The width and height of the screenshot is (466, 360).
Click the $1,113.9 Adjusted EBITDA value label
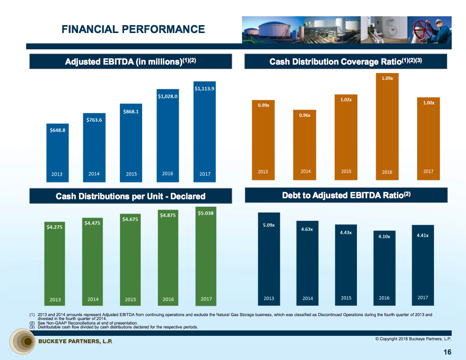point(204,89)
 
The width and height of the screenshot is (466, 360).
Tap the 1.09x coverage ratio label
point(387,78)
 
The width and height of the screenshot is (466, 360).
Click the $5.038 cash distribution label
point(205,213)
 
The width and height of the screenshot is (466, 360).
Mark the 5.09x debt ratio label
point(269,225)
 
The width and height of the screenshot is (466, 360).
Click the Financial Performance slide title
point(133,29)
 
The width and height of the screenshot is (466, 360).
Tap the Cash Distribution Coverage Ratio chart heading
point(346,62)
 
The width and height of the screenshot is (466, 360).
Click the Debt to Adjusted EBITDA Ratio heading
point(346,196)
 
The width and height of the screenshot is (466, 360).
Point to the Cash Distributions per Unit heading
point(130,196)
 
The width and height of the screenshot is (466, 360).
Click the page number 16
point(447,352)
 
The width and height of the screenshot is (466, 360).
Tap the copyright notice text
point(413,338)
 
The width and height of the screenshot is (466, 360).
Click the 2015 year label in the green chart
point(130,299)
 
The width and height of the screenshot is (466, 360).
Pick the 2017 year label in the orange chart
point(428,171)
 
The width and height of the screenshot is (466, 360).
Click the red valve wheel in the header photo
point(424,27)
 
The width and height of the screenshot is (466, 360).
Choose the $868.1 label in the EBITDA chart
point(131,111)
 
